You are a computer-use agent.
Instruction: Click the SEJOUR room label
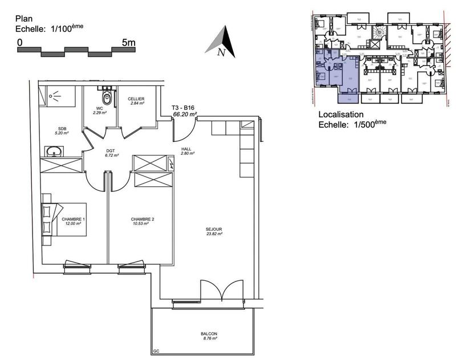click(214, 230)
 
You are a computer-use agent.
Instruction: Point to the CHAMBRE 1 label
click(73, 219)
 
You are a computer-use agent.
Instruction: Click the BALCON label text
click(209, 334)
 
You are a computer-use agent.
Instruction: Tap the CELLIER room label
click(136, 99)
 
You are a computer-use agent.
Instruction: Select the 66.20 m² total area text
click(185, 114)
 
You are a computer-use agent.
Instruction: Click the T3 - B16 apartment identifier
click(185, 107)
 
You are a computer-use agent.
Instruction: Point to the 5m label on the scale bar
click(129, 43)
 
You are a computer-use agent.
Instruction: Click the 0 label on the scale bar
click(20, 43)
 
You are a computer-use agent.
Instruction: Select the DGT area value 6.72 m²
click(112, 156)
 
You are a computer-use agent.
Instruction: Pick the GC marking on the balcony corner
click(156, 351)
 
